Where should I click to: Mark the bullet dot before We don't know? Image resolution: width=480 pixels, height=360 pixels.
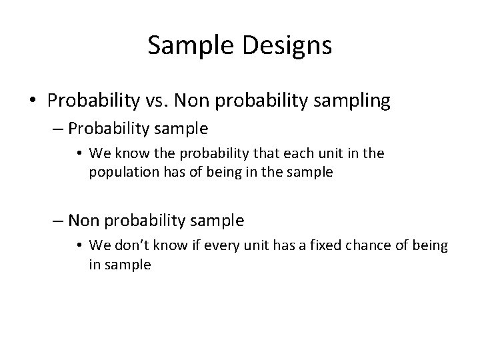tap(81, 246)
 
